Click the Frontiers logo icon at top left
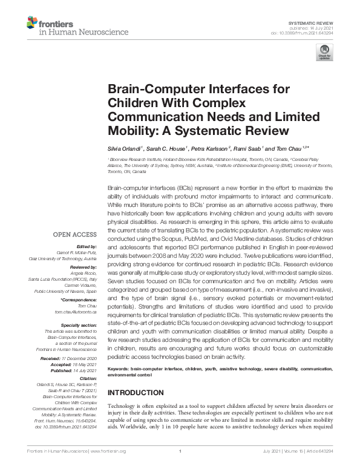[31, 24]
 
